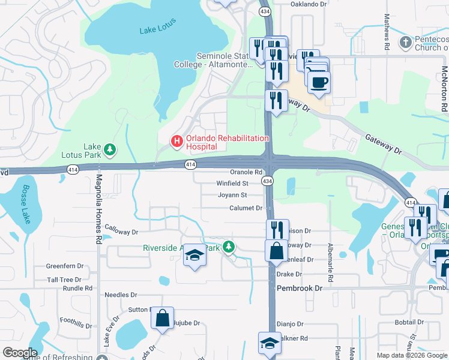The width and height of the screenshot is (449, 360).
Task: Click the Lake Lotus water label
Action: (x=156, y=31)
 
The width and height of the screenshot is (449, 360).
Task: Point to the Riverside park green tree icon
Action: (x=228, y=247)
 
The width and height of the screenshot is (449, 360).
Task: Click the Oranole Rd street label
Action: (x=247, y=173)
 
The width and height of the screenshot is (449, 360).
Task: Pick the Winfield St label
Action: (x=232, y=184)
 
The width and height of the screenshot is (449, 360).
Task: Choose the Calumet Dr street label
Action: (x=246, y=208)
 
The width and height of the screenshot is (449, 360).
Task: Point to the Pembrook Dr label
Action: (x=300, y=289)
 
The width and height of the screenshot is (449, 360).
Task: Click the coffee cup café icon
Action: (x=319, y=82)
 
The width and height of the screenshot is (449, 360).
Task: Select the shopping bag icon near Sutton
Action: (x=162, y=317)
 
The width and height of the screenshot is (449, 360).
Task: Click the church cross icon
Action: (x=405, y=43)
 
